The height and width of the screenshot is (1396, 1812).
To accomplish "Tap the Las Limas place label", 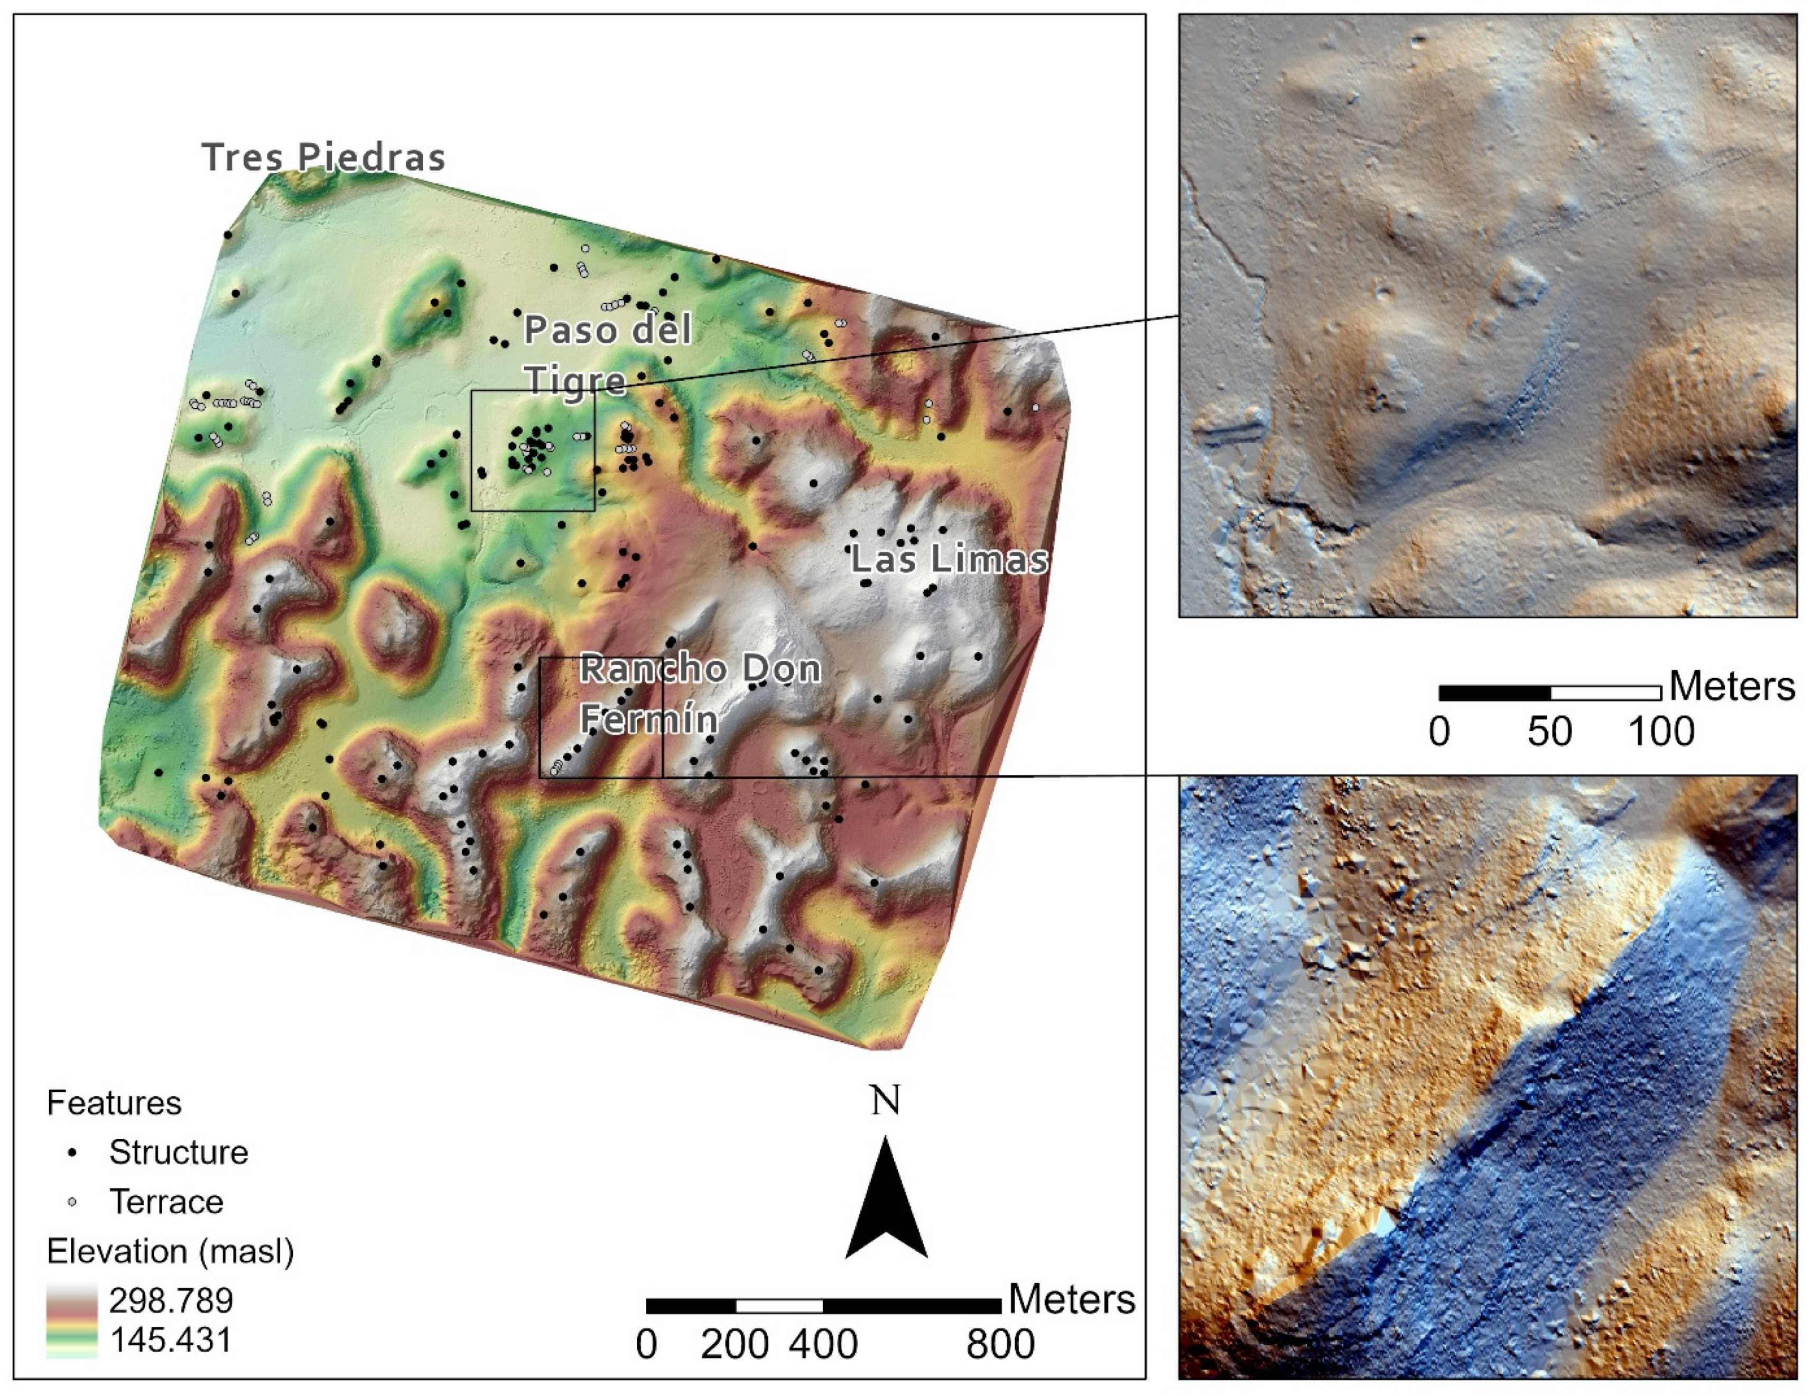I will (x=950, y=559).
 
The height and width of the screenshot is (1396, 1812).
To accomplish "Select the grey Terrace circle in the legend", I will (x=73, y=1201).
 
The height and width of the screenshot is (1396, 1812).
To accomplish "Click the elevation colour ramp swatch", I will (x=72, y=1320).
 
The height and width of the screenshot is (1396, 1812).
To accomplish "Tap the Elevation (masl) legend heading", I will (x=170, y=1251).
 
